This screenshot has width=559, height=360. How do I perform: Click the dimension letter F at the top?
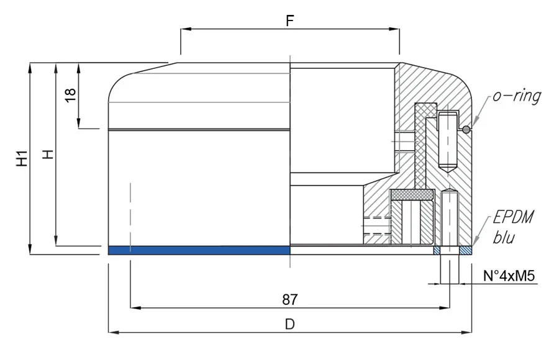click(x=289, y=20)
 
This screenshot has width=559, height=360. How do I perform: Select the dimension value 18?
click(x=70, y=94)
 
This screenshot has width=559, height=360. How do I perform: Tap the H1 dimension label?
click(x=22, y=158)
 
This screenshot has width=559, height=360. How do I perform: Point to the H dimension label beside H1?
click(x=48, y=154)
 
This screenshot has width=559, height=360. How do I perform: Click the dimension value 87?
click(x=289, y=299)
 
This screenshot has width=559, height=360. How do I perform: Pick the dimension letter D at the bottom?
click(x=289, y=324)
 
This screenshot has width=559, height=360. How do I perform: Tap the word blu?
click(x=504, y=237)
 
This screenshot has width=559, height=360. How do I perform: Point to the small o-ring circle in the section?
click(x=465, y=129)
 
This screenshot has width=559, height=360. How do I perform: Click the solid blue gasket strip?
click(x=199, y=250)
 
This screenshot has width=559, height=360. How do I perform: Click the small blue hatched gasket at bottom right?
click(x=466, y=251)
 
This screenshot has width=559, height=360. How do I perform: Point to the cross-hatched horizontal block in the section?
click(x=411, y=195)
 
